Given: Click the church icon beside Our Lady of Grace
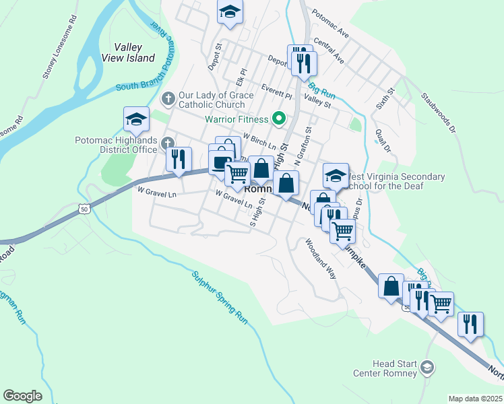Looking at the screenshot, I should click(x=168, y=99).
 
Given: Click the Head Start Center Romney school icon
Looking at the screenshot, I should click(x=427, y=367).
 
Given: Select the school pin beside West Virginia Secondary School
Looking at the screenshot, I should click(x=336, y=176).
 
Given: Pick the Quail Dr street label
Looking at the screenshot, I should click(x=383, y=140).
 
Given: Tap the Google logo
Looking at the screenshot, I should click(x=22, y=396).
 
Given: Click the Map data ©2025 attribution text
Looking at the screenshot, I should click(x=475, y=399).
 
